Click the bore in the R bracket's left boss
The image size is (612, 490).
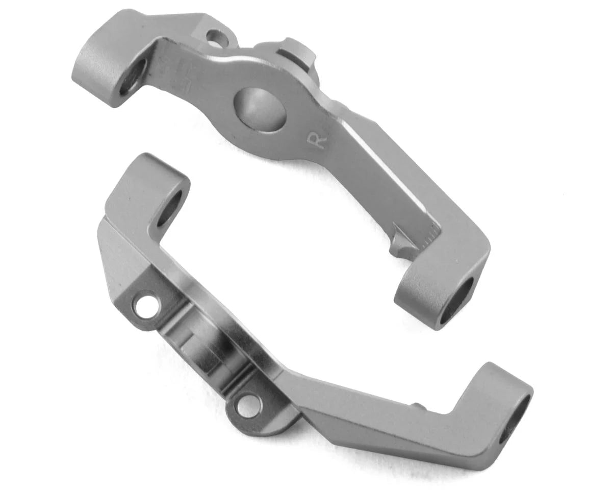pyautogui.click(x=133, y=77)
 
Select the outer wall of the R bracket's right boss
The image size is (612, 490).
pyautogui.click(x=418, y=301)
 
